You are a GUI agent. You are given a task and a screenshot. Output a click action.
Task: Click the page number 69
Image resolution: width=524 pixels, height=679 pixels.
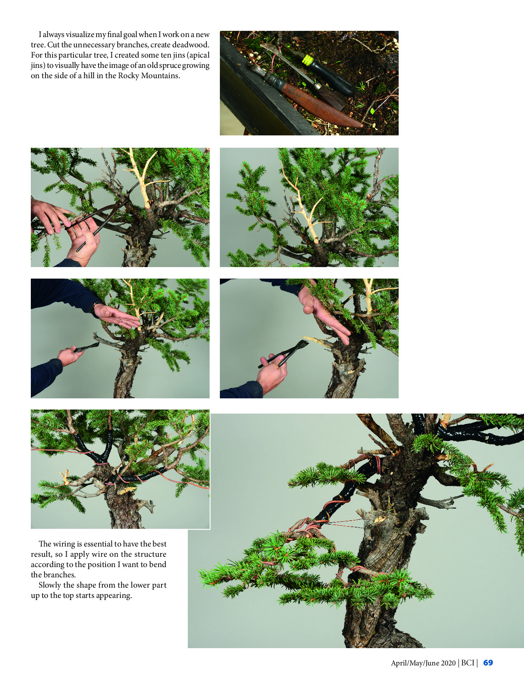click(x=488, y=663)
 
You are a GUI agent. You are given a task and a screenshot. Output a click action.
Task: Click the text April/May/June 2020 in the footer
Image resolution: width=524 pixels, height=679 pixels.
click(x=423, y=663)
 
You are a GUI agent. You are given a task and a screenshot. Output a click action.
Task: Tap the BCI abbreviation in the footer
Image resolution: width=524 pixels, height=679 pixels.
click(x=467, y=663)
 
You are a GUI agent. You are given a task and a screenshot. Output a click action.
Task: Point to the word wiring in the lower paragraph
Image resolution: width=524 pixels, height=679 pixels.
click(x=67, y=544)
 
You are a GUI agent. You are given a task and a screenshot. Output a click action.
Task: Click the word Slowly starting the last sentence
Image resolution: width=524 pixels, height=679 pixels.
click(x=50, y=585)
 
